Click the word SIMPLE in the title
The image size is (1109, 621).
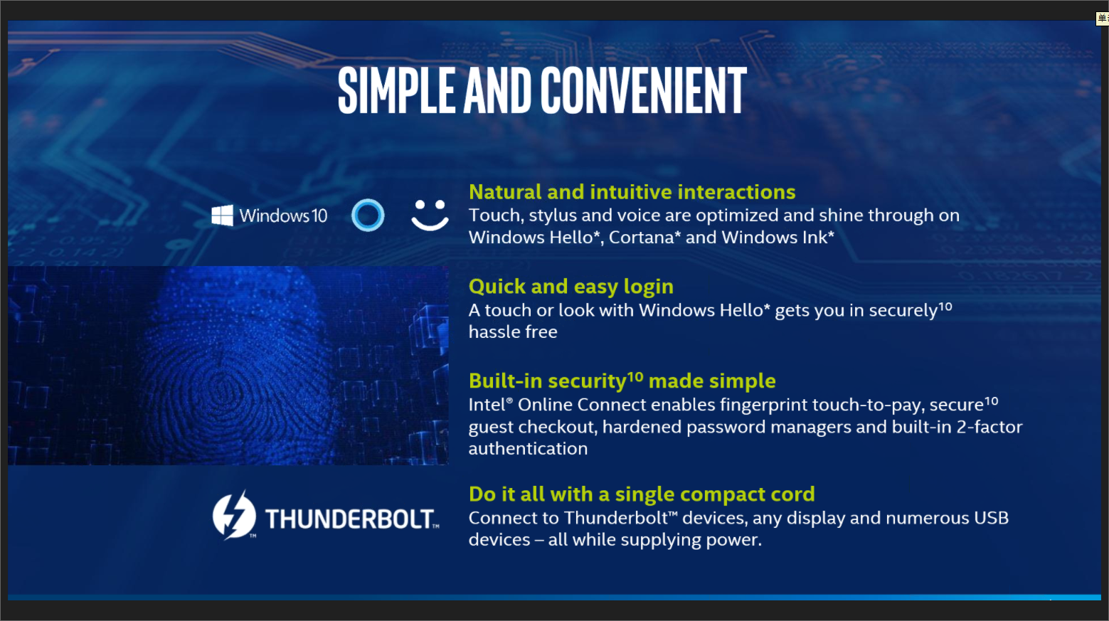(x=396, y=90)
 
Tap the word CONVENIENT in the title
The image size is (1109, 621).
(x=644, y=90)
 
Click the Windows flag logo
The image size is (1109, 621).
(x=222, y=216)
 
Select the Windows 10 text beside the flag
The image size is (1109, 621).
(x=283, y=216)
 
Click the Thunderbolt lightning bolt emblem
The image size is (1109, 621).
(x=234, y=515)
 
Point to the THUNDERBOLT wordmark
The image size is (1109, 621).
(x=352, y=519)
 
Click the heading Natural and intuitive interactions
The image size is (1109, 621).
(x=632, y=192)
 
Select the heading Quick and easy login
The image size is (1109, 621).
(x=571, y=287)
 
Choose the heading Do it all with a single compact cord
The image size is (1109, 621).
(x=642, y=494)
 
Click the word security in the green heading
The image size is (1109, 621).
(x=587, y=381)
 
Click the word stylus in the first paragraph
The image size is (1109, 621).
(x=553, y=216)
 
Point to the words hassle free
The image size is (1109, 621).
(x=513, y=331)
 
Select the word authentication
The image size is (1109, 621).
(x=529, y=449)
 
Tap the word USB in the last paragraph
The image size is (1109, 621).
(x=991, y=518)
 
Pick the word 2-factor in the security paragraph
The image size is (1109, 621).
(x=989, y=427)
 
